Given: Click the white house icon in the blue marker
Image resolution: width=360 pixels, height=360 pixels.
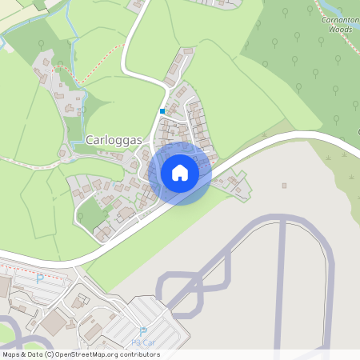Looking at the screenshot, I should pyautogui.click(x=179, y=173).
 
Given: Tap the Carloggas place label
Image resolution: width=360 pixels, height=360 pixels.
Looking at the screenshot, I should pyautogui.click(x=113, y=140).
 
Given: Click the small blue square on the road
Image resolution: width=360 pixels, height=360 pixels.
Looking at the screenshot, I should pyautogui.click(x=162, y=111).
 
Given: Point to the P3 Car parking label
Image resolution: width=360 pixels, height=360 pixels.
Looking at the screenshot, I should pyautogui.click(x=144, y=342).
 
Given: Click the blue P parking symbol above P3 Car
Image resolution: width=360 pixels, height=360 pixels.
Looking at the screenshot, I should pyautogui.click(x=144, y=332).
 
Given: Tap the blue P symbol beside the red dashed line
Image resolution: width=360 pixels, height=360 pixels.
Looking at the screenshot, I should pyautogui.click(x=39, y=279).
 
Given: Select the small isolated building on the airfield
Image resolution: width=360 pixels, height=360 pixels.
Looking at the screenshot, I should pyautogui.click(x=284, y=186).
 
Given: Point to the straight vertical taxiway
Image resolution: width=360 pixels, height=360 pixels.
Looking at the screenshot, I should pyautogui.click(x=281, y=288).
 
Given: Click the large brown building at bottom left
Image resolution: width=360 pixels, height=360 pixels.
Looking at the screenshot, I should pyautogui.click(x=54, y=323).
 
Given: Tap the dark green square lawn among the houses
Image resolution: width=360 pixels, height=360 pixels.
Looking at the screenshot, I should pyautogui.click(x=94, y=214).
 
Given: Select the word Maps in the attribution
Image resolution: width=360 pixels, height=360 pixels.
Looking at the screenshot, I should pyautogui.click(x=11, y=354).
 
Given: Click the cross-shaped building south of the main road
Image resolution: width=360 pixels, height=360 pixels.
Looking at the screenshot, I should pyautogui.click(x=79, y=302).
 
